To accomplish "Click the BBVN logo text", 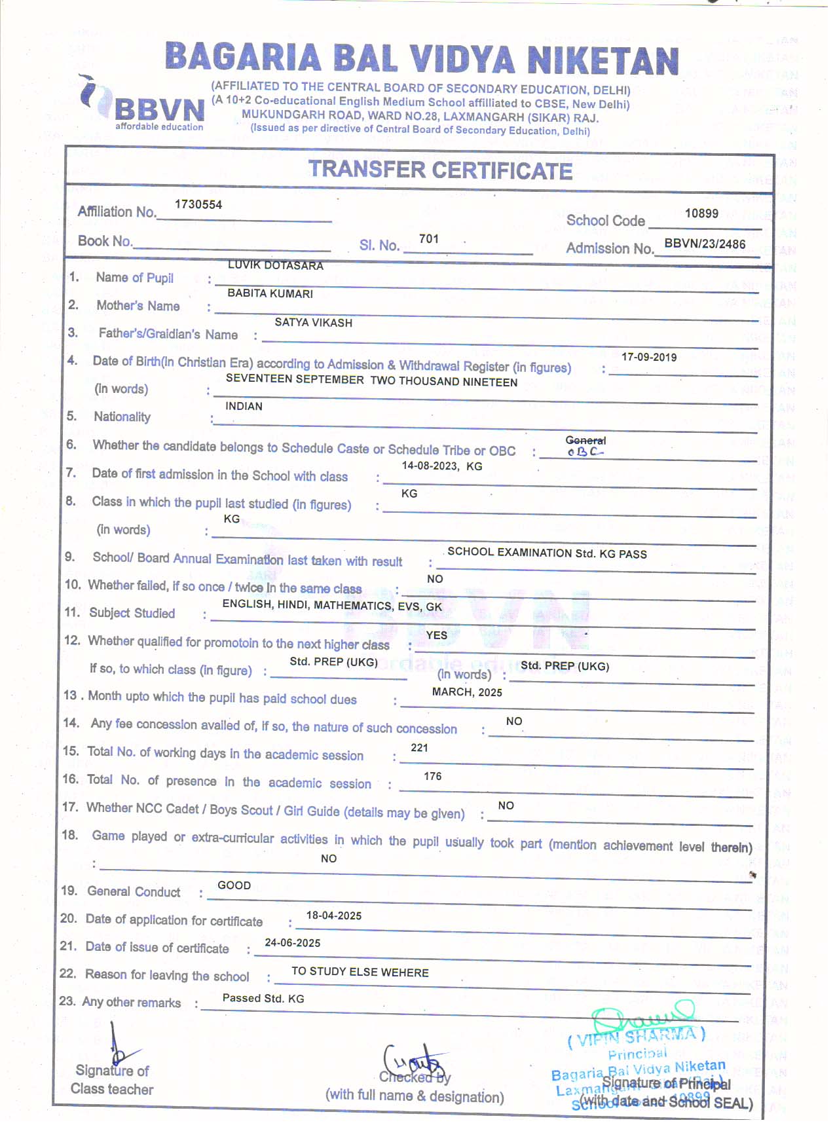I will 159,109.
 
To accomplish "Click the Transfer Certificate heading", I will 440,170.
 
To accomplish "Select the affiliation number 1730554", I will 198,204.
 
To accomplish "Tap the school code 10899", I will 701,213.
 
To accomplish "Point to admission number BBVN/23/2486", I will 705,244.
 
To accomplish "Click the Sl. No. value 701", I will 429,239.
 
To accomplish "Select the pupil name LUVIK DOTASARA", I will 276,265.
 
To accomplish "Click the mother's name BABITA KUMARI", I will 270,293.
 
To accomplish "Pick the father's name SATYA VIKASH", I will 313,322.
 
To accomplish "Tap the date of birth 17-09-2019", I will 649,357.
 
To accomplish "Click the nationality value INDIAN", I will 244,406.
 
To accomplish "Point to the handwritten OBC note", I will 585,452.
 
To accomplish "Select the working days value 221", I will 419,748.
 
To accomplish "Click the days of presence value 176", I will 432,776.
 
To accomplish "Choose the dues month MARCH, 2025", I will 467,692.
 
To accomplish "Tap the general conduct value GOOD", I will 234,885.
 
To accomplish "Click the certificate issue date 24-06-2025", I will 292,943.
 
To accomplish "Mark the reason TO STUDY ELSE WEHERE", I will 360,972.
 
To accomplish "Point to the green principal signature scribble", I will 642,1017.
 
